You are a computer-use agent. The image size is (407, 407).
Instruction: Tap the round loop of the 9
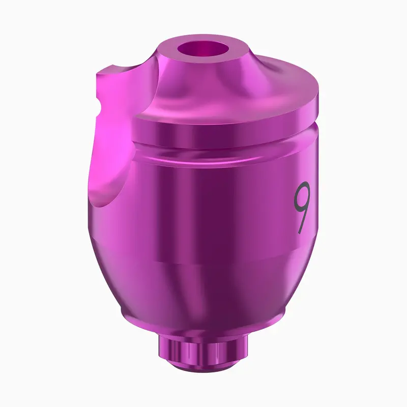point(302,196)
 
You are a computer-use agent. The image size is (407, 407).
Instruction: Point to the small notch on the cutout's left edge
point(98,103)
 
